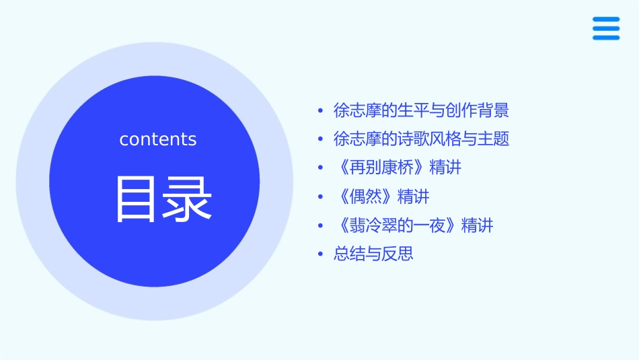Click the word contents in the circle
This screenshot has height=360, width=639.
[158, 139]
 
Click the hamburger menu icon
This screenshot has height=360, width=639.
[605, 28]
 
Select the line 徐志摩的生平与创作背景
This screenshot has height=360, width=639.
[421, 110]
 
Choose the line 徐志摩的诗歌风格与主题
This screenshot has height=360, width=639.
[421, 139]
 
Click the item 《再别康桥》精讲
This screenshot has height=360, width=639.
[398, 168]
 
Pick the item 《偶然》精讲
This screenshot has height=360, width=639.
[381, 196]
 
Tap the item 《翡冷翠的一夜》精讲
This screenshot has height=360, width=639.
[413, 225]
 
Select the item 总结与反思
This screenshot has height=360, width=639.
[373, 254]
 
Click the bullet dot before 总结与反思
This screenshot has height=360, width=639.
[320, 254]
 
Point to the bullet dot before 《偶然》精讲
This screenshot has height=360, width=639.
[320, 197]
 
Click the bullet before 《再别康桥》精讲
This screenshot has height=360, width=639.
[320, 168]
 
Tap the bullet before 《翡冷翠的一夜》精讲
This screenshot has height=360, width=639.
[320, 226]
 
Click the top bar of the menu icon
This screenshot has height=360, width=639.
[605, 20]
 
